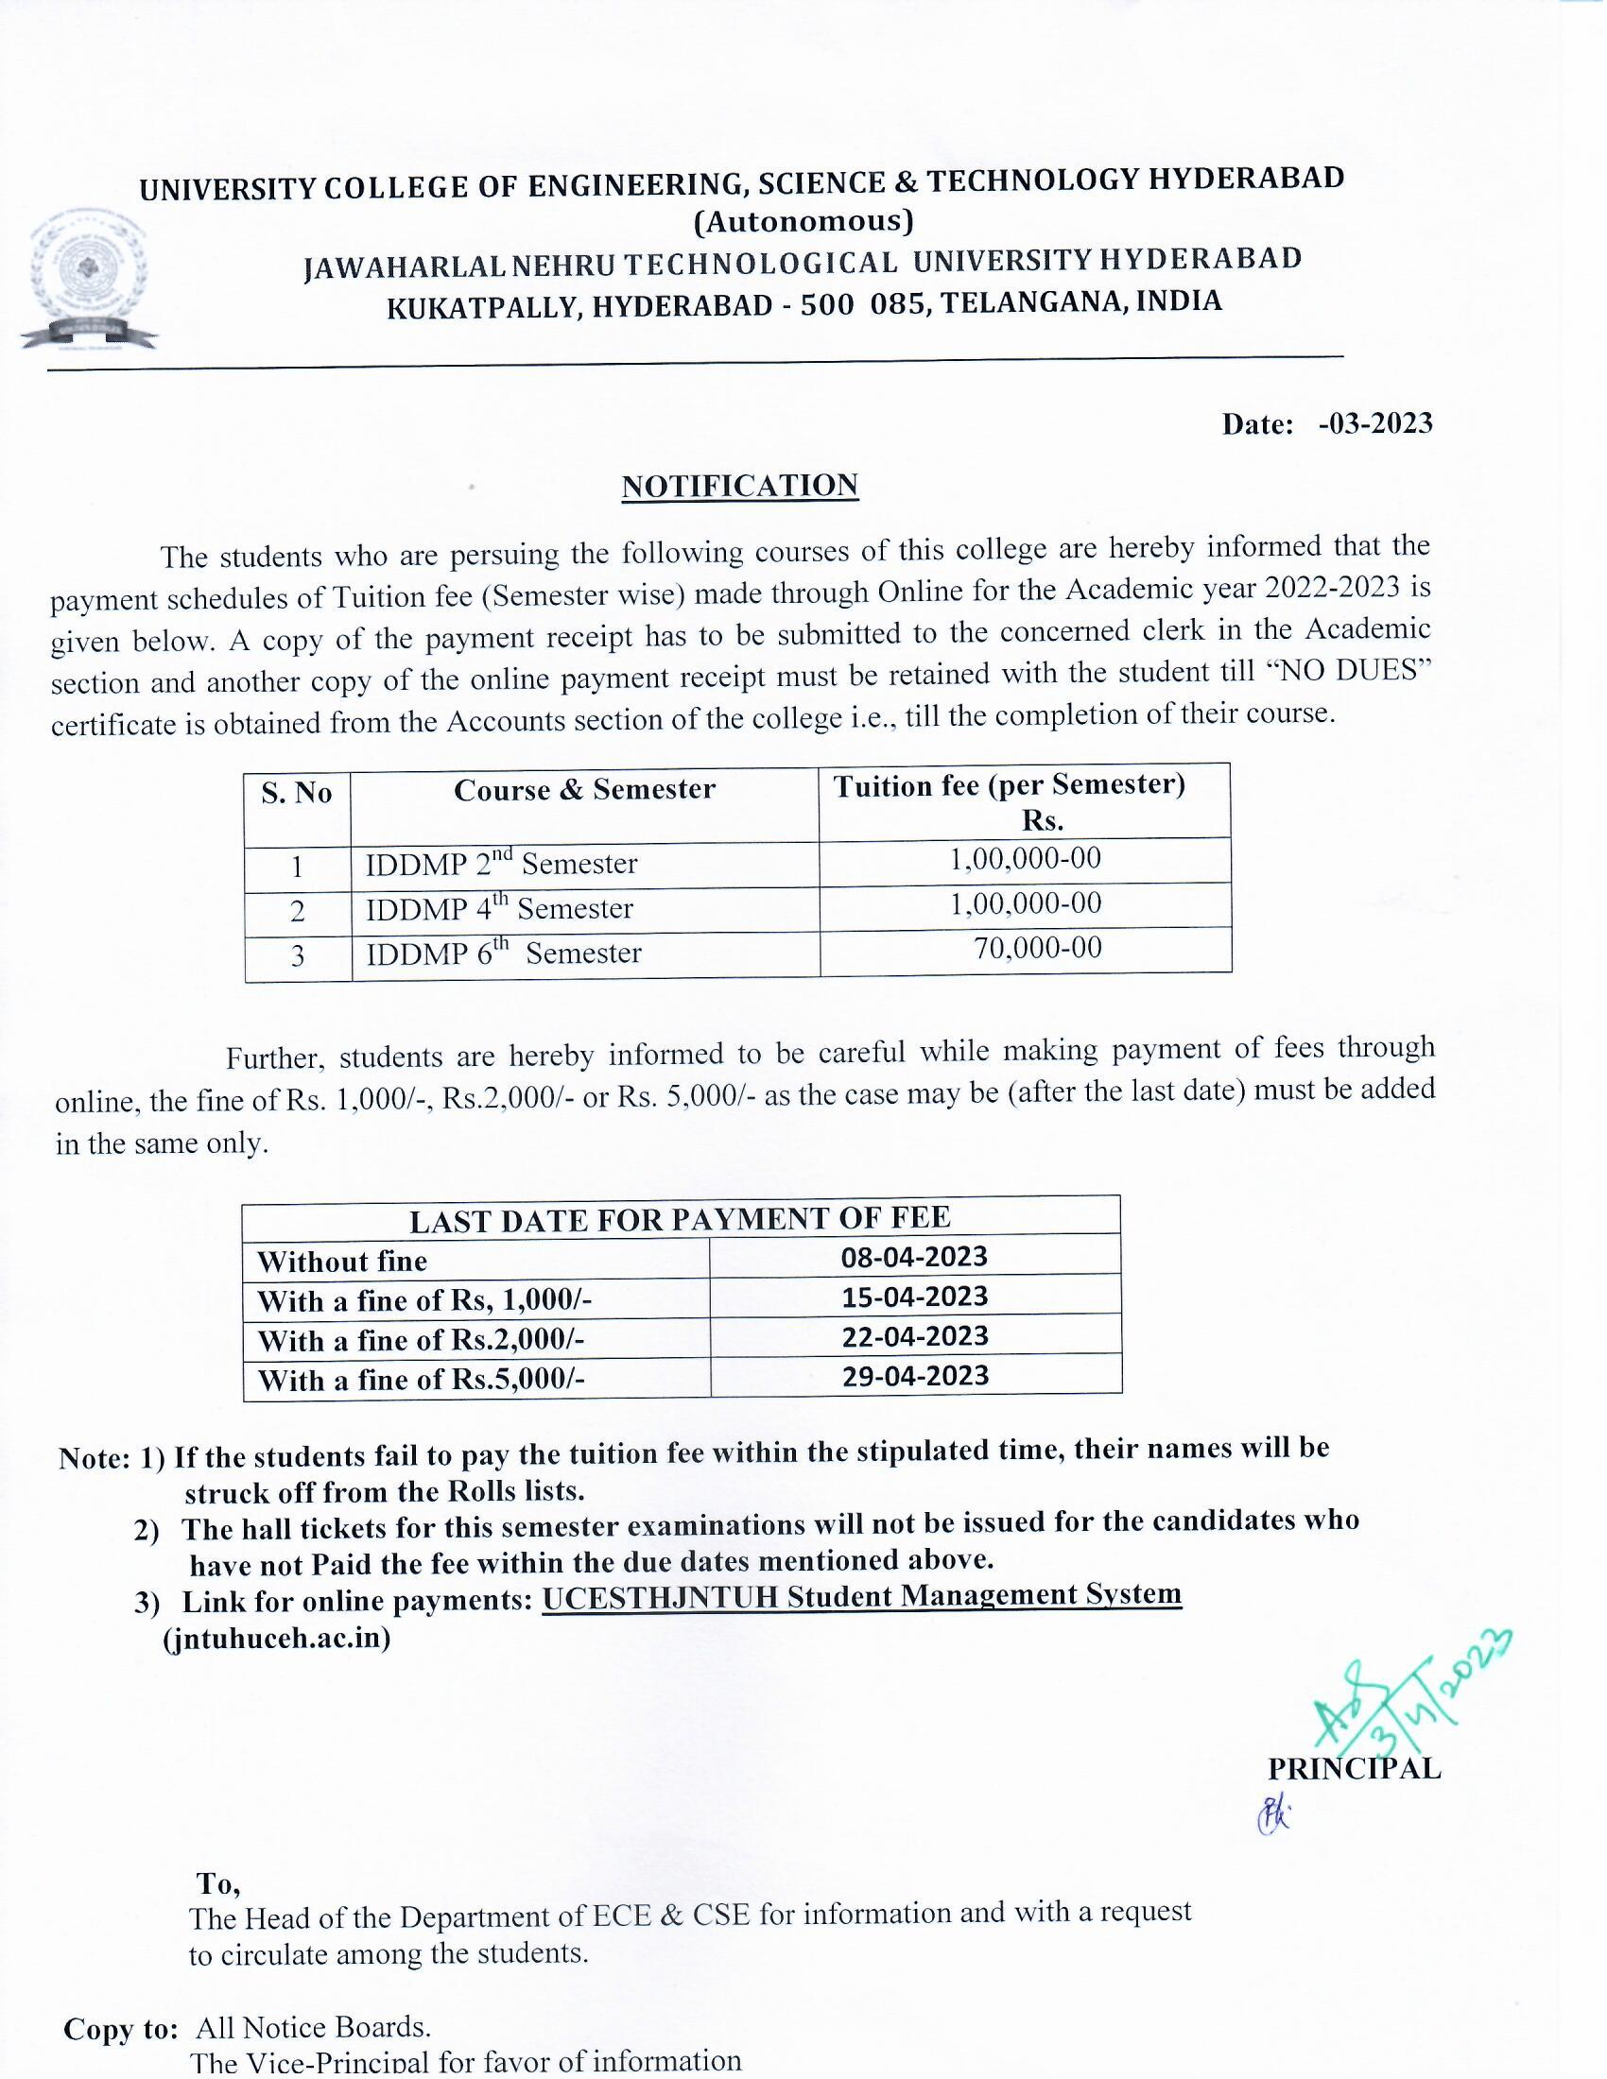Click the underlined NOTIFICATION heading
coord(740,486)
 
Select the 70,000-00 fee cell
coord(1037,948)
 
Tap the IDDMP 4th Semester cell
coord(499,909)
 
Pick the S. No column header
coord(296,793)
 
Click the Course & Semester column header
coord(583,790)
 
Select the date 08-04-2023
coord(914,1257)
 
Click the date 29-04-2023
coord(915,1376)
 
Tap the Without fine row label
coord(342,1262)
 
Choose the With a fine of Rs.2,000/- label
coord(420,1340)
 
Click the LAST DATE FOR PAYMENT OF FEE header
coord(680,1218)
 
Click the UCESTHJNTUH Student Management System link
coord(861,1594)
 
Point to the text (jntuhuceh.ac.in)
coord(277,1639)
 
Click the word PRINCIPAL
coord(1354,1769)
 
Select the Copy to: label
coord(120,2030)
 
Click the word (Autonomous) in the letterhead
coord(803,221)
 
